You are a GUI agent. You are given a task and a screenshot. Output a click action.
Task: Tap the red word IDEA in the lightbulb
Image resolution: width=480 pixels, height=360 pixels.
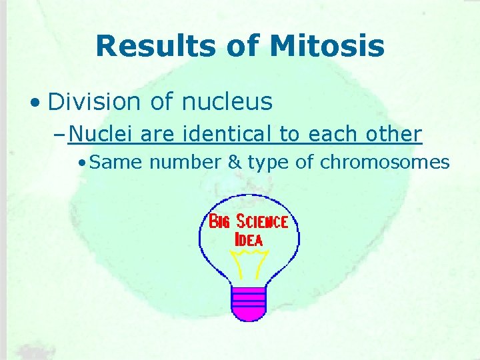249,239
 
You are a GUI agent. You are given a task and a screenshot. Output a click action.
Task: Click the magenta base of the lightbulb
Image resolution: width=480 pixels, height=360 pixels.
248,303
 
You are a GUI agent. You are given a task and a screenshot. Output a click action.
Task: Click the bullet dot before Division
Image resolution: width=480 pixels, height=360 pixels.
35,103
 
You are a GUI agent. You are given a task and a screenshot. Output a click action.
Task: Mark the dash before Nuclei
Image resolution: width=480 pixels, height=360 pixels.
60,135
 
